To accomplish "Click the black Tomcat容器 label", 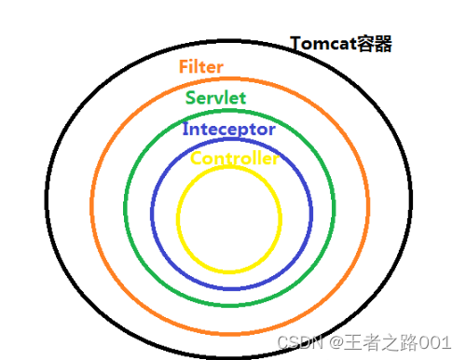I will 341,44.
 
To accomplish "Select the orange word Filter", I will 201,67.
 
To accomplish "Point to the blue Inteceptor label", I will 229,129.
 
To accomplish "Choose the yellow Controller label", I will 234,159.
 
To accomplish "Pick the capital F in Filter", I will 183,67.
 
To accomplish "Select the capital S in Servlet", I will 191,98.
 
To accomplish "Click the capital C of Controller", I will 196,159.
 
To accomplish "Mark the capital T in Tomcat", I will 295,44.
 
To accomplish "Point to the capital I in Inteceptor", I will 185,129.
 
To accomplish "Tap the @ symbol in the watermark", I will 333,343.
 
